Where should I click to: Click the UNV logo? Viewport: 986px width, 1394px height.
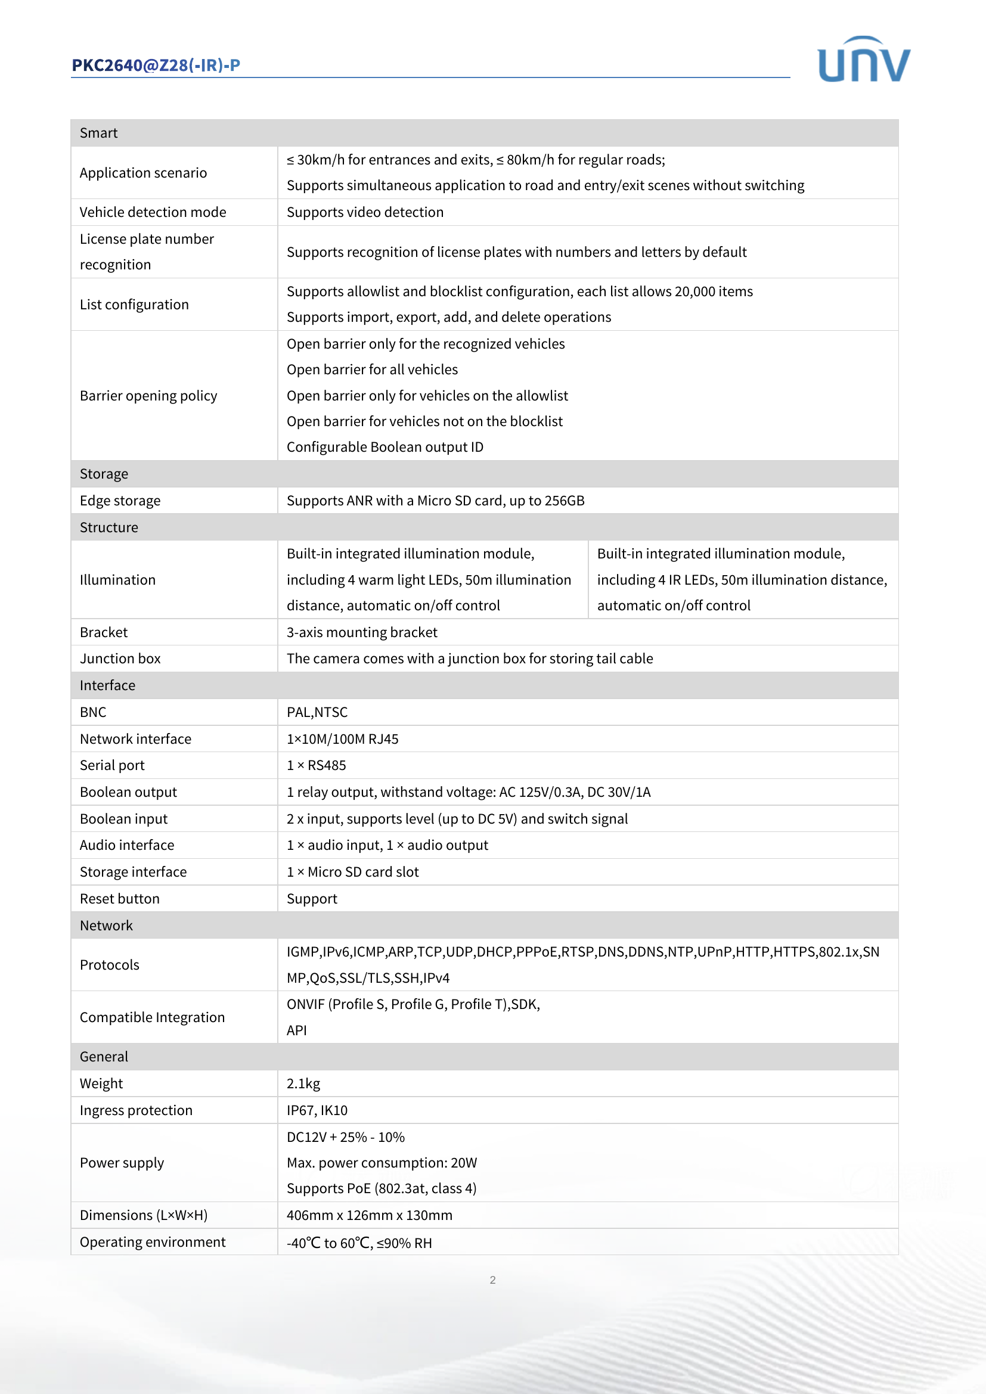(863, 60)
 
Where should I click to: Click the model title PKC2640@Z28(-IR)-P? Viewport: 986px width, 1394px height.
(156, 65)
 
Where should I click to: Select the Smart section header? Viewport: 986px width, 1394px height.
(99, 133)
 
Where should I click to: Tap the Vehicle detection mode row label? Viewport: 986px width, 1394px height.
(153, 212)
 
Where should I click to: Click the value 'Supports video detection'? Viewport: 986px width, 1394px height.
(365, 212)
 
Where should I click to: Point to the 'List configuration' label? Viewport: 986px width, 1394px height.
(134, 304)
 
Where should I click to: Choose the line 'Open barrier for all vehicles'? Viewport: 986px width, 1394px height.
(372, 369)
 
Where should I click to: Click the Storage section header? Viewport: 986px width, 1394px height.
(104, 474)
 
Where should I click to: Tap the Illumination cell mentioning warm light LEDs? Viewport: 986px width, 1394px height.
(429, 579)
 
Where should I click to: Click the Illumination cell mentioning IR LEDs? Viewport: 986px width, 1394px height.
(742, 579)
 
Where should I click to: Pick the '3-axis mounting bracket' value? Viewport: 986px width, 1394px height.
(362, 632)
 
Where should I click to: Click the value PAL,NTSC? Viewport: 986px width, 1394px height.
(317, 712)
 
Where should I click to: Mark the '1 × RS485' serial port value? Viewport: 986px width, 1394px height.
(317, 765)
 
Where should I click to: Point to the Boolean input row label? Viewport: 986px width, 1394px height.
(124, 818)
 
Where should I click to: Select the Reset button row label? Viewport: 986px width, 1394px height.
(120, 899)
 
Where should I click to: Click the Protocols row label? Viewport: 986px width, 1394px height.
(109, 965)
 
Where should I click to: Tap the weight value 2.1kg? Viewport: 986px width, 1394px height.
(303, 1083)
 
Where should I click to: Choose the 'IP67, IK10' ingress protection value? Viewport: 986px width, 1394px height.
(317, 1110)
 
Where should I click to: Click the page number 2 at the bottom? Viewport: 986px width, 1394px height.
(492, 1280)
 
